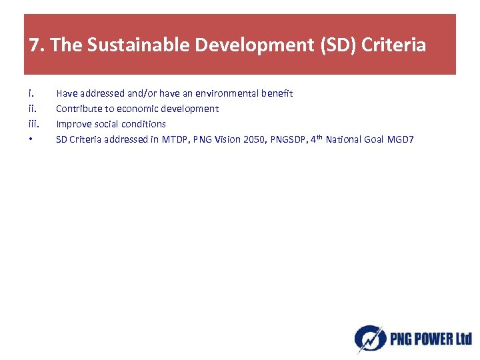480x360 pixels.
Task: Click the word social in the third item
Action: pos(106,124)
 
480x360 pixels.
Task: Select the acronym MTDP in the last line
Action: pos(175,139)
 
